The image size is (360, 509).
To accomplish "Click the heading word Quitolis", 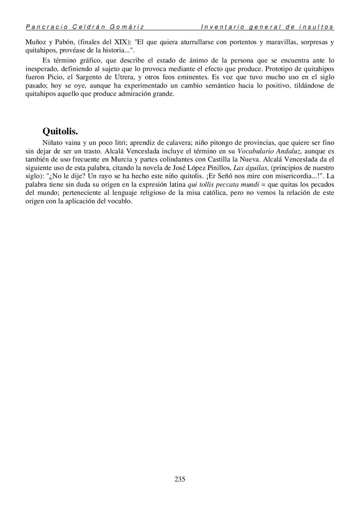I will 60,131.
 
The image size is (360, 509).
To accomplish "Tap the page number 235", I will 180,479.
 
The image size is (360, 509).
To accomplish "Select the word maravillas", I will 278,42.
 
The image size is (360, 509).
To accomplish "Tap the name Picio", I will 55,77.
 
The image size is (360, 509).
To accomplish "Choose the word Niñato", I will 53,143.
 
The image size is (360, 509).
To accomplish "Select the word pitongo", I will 219,143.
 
